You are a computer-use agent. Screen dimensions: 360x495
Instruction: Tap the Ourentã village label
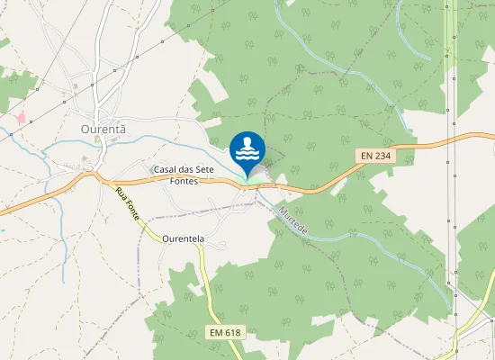point(103,129)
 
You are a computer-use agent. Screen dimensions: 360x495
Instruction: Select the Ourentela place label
point(185,239)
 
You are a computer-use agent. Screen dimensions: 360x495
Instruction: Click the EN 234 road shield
point(376,156)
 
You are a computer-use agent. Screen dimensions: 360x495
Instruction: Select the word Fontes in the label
point(183,181)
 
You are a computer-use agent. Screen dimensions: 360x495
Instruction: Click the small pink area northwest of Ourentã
point(21,118)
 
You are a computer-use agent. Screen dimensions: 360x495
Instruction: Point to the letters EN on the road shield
point(366,156)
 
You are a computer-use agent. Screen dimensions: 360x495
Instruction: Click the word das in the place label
point(193,169)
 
